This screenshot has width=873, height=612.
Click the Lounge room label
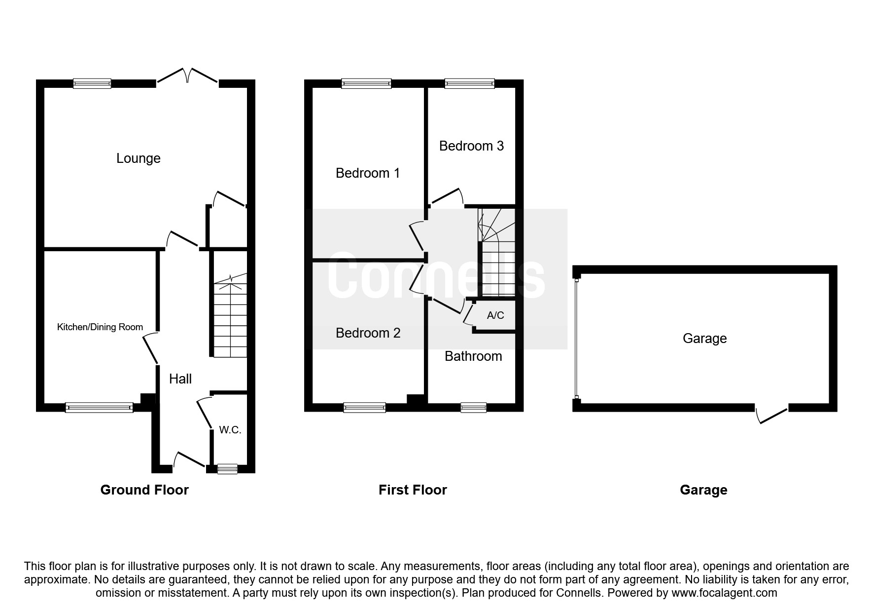[x=138, y=158]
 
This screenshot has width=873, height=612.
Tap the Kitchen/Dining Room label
[x=100, y=327]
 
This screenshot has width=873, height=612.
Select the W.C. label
[x=230, y=430]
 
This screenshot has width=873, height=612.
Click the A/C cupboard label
[x=495, y=315]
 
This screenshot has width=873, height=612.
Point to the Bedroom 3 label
[x=471, y=146]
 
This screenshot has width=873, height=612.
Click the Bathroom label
[x=473, y=356]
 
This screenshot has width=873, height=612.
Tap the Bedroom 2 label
[x=368, y=333]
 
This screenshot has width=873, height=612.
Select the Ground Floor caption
[x=144, y=490]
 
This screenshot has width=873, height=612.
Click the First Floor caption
[x=413, y=490]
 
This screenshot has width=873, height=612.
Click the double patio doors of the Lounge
[x=187, y=77]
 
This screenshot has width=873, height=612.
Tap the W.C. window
[x=227, y=469]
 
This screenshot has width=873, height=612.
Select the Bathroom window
[x=473, y=408]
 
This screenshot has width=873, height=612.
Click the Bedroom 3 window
[x=469, y=84]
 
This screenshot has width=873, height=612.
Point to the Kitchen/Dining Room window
[x=99, y=408]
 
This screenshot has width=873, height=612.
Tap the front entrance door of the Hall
[x=189, y=460]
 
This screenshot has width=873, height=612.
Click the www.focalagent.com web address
[x=724, y=593]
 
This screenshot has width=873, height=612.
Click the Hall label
[x=180, y=379]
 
